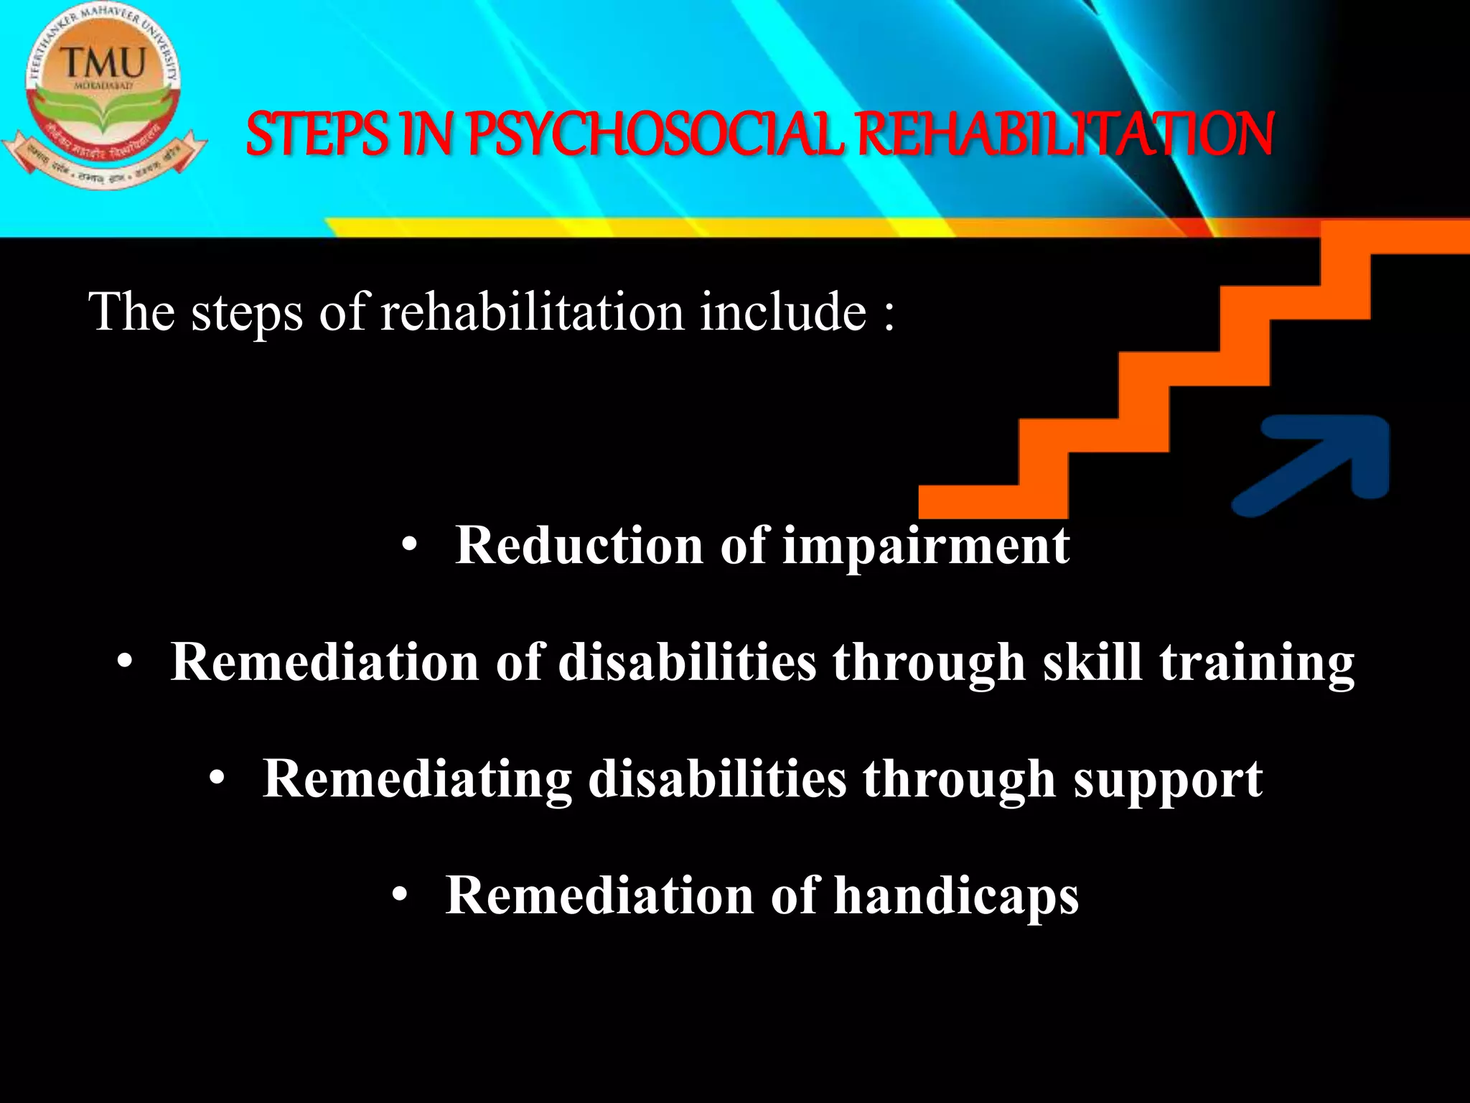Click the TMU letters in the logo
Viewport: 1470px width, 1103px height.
point(105,63)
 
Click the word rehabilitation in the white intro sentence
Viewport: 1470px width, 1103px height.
point(532,313)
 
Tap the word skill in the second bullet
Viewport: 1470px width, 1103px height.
point(1092,662)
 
